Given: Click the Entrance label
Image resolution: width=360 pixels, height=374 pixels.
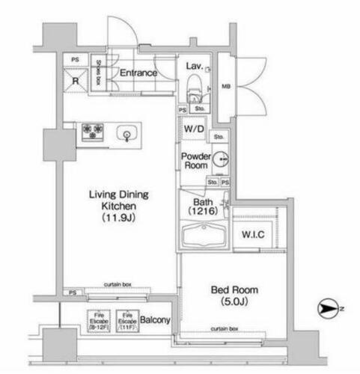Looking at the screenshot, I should pos(138,73).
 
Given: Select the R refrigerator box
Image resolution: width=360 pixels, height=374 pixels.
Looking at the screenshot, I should pos(75,79).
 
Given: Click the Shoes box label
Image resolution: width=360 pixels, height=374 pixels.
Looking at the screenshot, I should pos(97,73).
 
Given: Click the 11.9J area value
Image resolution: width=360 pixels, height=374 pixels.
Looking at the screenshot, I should pos(118,218).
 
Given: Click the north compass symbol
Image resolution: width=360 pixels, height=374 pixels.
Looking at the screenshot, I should pos(328,307).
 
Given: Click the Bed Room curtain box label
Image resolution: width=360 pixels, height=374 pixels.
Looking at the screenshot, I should pos(224,328).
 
